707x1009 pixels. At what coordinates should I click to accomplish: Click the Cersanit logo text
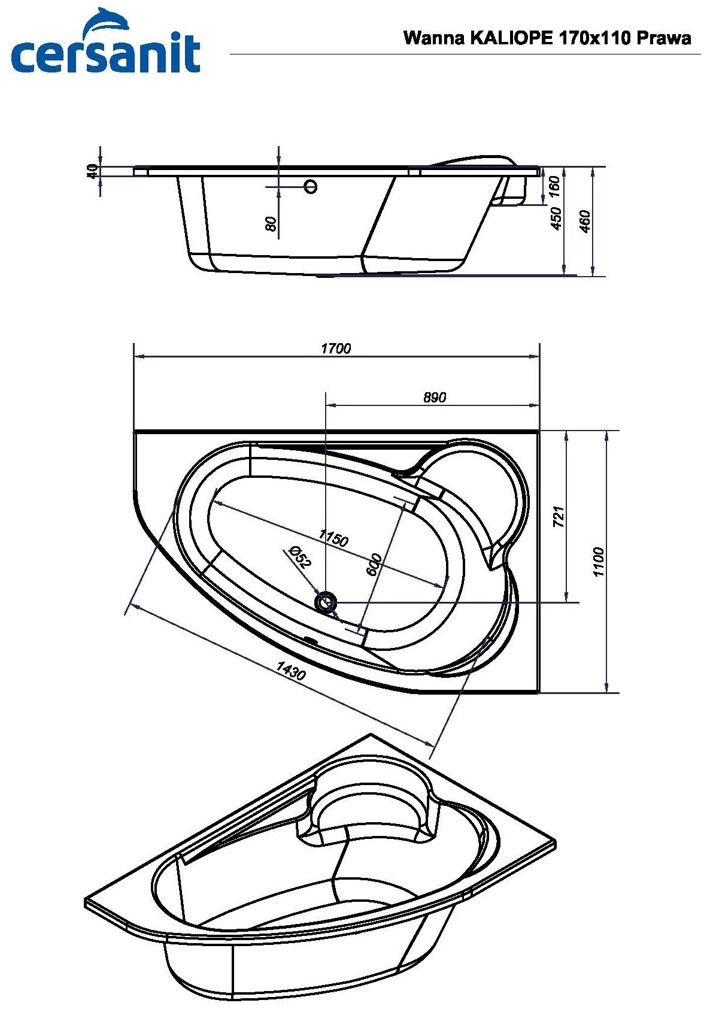[105, 54]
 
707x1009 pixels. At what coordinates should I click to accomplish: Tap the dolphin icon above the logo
[107, 23]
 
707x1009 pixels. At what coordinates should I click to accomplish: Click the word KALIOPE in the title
[511, 38]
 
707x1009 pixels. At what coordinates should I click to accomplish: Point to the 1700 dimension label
[336, 349]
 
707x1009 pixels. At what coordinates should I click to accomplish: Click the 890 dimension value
[434, 398]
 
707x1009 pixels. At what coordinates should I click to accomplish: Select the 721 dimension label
[558, 516]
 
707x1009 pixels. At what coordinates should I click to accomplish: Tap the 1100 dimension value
[599, 562]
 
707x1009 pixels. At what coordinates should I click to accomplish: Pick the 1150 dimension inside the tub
[333, 538]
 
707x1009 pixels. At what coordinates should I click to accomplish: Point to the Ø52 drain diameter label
[299, 557]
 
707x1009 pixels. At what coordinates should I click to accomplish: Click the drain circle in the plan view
[326, 601]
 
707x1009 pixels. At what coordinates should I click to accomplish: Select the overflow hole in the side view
[310, 187]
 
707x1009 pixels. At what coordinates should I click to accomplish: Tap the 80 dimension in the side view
[271, 224]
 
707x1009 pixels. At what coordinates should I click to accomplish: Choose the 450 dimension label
[556, 218]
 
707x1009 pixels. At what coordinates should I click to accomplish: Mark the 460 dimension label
[585, 222]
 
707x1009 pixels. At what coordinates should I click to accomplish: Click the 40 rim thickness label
[92, 171]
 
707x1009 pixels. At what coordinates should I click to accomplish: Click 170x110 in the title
[594, 38]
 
